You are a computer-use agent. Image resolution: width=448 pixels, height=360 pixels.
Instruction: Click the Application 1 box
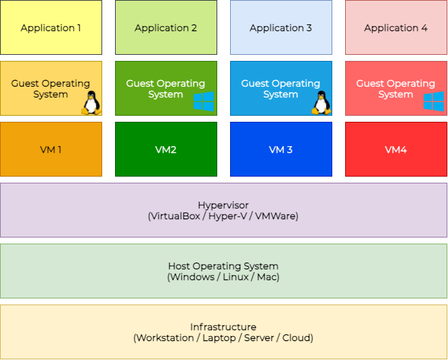pos(51,28)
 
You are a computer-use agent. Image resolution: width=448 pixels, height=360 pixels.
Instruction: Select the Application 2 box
pos(166,28)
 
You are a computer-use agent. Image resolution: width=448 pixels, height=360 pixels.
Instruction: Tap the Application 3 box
pos(281,28)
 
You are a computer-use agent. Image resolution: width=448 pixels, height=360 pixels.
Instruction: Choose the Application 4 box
pos(396,28)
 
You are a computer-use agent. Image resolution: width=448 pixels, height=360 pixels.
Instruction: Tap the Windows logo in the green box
pos(203,102)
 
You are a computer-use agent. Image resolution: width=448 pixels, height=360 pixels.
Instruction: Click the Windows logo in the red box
pos(433,102)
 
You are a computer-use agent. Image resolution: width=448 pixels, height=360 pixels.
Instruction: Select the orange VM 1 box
pos(51,150)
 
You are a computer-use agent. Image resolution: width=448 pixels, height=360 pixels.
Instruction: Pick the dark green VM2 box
pos(166,150)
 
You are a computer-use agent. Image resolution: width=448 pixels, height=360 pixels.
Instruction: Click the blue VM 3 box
pos(281,150)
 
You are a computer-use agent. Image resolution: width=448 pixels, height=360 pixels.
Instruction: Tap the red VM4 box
pos(396,150)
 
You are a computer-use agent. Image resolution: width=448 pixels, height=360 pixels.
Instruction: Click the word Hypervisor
pos(223,205)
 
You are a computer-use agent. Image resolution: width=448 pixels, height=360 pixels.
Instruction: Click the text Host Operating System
pos(223,266)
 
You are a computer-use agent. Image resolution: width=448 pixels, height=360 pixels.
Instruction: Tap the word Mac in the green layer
pos(267,277)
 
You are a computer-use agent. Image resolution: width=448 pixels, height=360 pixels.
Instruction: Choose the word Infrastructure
pos(223,327)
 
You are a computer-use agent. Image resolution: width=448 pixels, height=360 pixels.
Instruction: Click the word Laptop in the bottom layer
pos(212,338)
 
